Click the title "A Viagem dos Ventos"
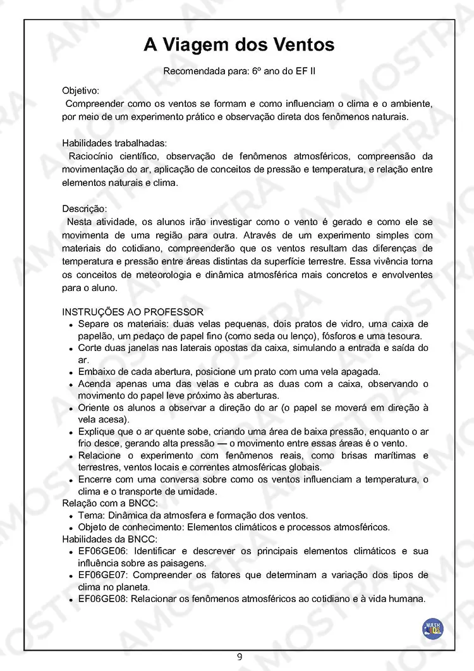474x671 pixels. click(239, 45)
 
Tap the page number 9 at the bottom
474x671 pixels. click(240, 656)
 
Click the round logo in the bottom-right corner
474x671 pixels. click(433, 629)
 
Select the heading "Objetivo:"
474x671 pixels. click(80, 90)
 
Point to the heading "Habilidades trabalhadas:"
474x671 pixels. click(114, 144)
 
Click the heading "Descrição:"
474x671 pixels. click(84, 209)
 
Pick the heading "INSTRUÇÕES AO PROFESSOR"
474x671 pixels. click(133, 312)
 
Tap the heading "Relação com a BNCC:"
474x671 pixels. click(109, 503)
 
